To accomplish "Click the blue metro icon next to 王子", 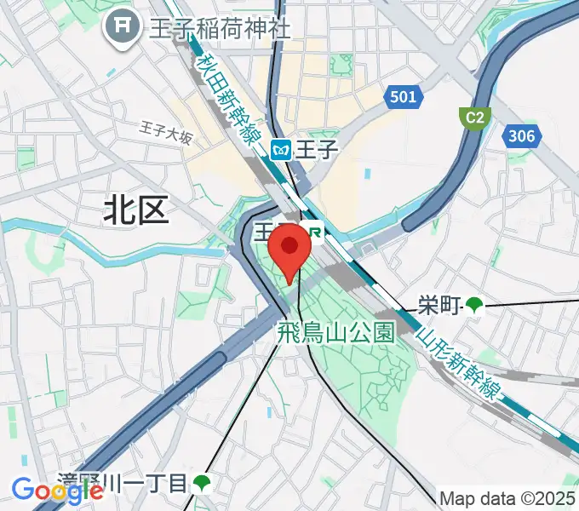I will tap(281, 151).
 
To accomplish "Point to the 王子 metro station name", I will tap(318, 151).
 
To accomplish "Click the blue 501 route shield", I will tap(403, 97).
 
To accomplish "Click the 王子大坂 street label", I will tap(167, 131).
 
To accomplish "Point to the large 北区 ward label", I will tap(137, 209).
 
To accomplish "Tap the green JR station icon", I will tap(317, 231).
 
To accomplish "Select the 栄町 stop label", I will tap(439, 304).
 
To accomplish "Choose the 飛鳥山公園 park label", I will tap(336, 332).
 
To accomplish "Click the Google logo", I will tap(58, 490).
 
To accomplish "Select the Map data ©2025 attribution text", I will tap(507, 498).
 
